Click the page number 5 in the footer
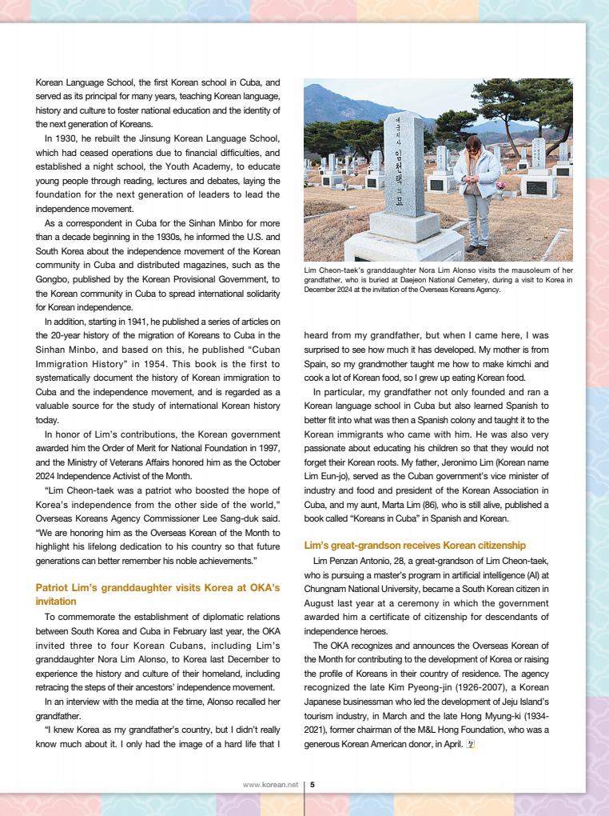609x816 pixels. coord(312,785)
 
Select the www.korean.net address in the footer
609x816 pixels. coord(270,785)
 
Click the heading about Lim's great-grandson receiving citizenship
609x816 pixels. coord(415,545)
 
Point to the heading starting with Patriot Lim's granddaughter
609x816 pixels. coord(157,588)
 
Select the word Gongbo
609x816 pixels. coord(53,279)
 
